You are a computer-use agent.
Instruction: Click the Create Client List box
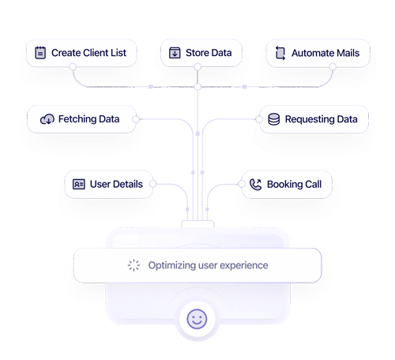pyautogui.click(x=81, y=54)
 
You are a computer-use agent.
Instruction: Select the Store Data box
pyautogui.click(x=199, y=54)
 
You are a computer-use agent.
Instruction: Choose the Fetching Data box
pyautogui.click(x=81, y=119)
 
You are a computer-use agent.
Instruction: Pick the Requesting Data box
pyautogui.click(x=313, y=119)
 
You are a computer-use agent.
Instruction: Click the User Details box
pyautogui.click(x=109, y=185)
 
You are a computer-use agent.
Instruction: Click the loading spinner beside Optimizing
pyautogui.click(x=134, y=265)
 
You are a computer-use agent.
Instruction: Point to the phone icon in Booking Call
pyautogui.click(x=254, y=185)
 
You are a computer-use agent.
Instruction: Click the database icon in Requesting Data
pyautogui.click(x=273, y=119)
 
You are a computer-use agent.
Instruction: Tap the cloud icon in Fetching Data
pyautogui.click(x=47, y=119)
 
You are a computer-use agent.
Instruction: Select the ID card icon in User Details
pyautogui.click(x=78, y=185)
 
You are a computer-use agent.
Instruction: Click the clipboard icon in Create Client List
pyautogui.click(x=39, y=54)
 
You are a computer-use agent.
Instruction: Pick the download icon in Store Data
pyautogui.click(x=174, y=54)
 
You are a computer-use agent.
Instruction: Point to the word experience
pyautogui.click(x=243, y=265)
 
